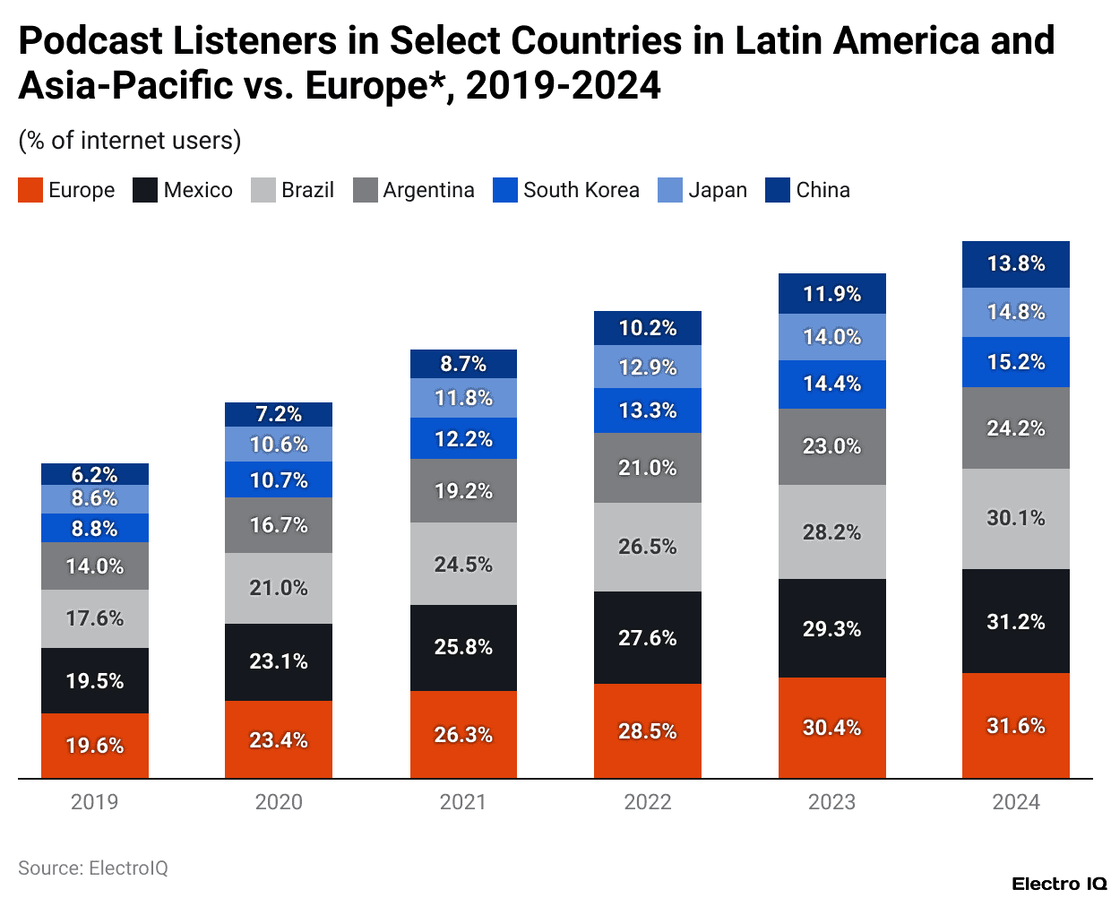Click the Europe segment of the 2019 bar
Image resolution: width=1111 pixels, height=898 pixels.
coord(95,746)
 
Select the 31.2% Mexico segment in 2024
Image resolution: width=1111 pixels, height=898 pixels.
coord(1015,621)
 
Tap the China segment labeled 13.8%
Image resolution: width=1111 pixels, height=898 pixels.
coord(1015,263)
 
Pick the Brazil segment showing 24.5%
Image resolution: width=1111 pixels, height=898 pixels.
coord(463,564)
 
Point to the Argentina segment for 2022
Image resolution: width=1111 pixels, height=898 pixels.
coord(647,467)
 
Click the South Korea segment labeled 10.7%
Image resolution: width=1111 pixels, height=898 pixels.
coord(279,479)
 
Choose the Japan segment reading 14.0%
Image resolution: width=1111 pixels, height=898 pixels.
coord(831,337)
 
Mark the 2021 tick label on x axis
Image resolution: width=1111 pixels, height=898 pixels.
coord(463,802)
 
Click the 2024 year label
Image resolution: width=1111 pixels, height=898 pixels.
coord(1015,802)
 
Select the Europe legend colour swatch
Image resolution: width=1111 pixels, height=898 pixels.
coord(30,190)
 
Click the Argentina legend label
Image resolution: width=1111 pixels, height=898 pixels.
coord(428,190)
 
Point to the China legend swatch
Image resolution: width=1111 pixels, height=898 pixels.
coord(778,190)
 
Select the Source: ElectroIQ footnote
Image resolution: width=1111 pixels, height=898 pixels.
coord(93,868)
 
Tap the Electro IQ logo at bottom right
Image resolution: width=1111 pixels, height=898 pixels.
coord(1059,884)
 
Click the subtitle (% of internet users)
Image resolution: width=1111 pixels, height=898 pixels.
coord(130,141)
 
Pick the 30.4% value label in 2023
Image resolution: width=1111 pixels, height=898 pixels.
coord(831,727)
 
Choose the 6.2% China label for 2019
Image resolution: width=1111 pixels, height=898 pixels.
coord(95,474)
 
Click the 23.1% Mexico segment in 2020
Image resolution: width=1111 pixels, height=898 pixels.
coord(279,661)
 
